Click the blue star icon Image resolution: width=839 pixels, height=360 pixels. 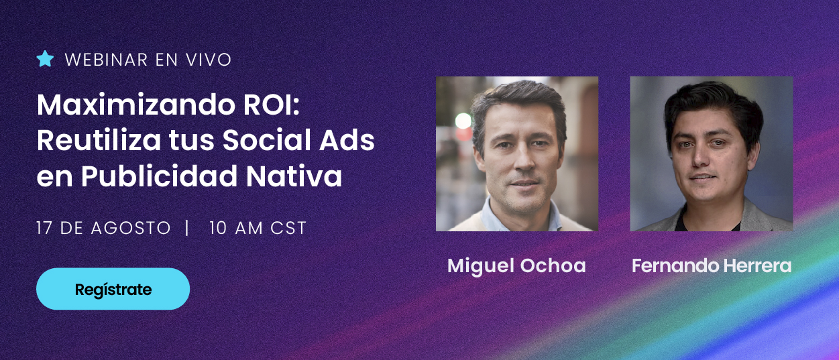46,59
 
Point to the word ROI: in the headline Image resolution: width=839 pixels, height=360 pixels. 272,105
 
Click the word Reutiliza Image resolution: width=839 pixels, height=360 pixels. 99,140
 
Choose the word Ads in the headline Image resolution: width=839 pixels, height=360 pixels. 347,140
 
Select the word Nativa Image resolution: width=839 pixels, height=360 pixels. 294,176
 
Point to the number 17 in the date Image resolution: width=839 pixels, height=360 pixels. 44,228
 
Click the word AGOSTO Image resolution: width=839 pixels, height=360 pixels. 131,228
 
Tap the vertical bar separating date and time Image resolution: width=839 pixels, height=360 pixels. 187,228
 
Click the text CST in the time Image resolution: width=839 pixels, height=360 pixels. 288,228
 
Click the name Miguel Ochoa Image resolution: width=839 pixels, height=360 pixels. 516,265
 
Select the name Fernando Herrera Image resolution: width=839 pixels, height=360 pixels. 712,265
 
